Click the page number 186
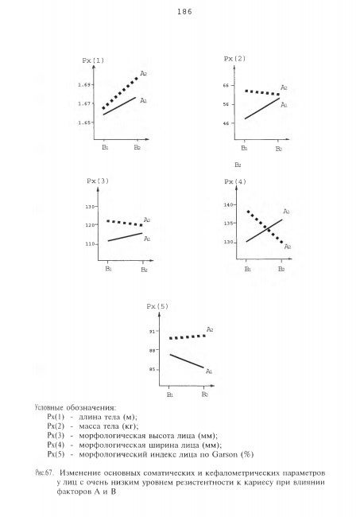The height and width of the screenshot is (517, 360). click(184, 12)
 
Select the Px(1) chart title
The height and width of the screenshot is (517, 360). click(93, 60)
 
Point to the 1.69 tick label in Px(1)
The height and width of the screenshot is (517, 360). click(83, 85)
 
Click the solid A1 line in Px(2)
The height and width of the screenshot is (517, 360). click(261, 108)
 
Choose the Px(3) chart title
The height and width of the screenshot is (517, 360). click(98, 181)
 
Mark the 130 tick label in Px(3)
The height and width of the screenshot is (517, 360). click(90, 207)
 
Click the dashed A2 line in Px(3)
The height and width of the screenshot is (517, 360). click(125, 223)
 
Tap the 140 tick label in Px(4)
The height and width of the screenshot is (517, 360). click(228, 204)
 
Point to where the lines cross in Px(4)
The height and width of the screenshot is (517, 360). click(267, 227)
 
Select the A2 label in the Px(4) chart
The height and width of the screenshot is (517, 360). click(288, 247)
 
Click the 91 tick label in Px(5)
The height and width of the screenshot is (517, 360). click(153, 332)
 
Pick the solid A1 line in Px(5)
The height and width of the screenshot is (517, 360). click(187, 361)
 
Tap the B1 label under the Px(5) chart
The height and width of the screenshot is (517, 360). click(169, 395)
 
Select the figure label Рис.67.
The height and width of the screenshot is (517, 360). click(44, 472)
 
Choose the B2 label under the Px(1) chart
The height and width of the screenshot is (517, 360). click(137, 147)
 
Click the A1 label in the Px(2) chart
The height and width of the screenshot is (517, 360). click(284, 105)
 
